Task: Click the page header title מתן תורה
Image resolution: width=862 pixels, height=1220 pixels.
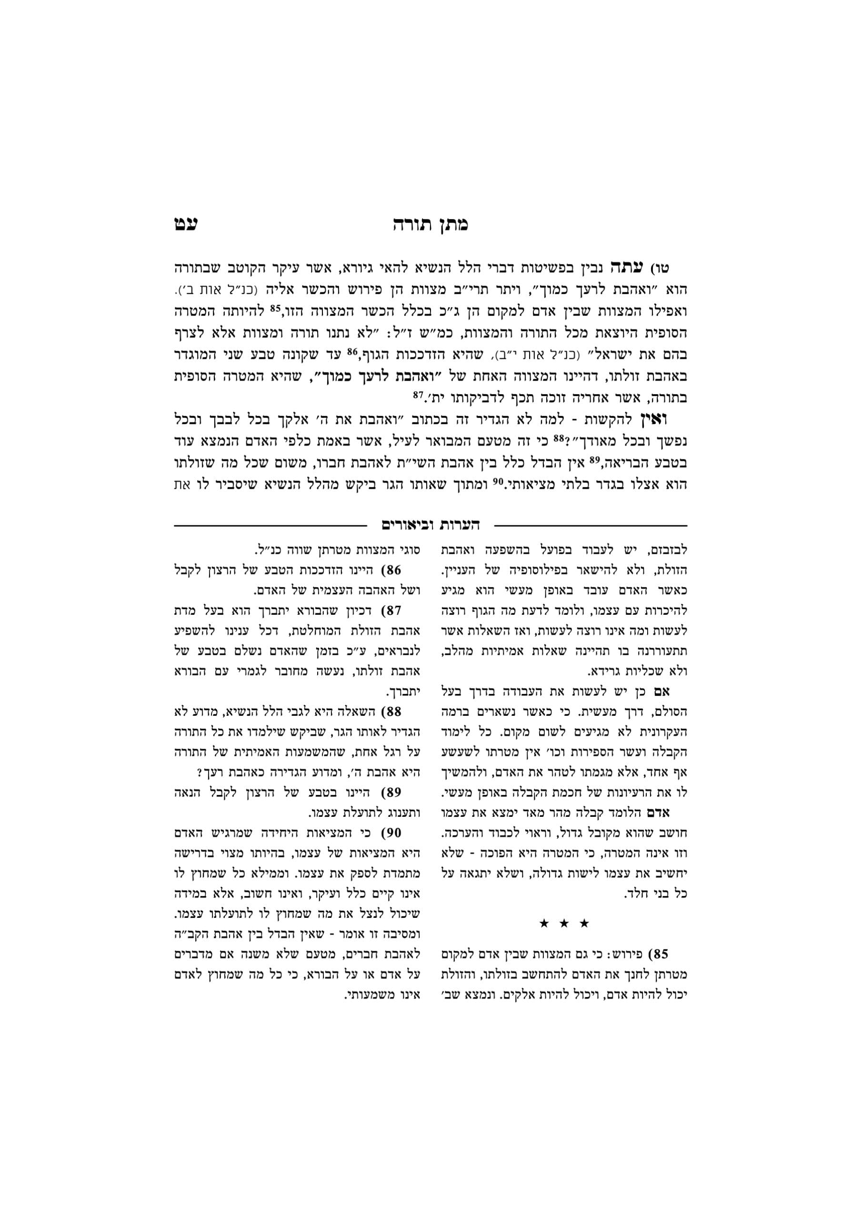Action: (x=430, y=225)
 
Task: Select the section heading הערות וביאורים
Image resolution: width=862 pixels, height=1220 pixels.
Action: (x=430, y=526)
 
